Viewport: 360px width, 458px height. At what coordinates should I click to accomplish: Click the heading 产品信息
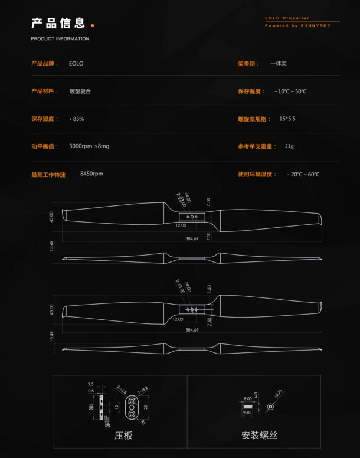(58, 24)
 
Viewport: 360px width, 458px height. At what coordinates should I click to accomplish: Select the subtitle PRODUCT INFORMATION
(60, 39)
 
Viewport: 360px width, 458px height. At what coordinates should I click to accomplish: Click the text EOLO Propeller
(287, 18)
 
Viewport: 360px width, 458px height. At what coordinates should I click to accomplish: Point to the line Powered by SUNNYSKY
(297, 26)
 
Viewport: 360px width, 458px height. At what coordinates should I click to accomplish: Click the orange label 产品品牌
(44, 63)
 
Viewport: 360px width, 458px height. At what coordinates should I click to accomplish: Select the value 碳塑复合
(80, 91)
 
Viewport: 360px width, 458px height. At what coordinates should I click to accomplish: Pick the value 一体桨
(279, 63)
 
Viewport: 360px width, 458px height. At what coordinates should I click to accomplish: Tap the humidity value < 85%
(77, 119)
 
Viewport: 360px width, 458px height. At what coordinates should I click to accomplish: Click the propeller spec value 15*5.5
(287, 119)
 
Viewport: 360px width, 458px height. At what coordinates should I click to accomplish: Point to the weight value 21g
(289, 146)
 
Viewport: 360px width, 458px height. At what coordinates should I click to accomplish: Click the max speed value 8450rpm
(91, 174)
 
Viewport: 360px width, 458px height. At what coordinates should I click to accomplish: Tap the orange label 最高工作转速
(50, 174)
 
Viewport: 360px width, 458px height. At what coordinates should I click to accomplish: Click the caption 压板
(123, 436)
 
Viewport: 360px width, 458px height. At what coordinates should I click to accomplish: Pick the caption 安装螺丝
(259, 436)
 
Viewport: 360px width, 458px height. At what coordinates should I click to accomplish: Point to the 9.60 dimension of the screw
(247, 413)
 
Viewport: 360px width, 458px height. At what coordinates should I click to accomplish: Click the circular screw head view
(270, 406)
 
